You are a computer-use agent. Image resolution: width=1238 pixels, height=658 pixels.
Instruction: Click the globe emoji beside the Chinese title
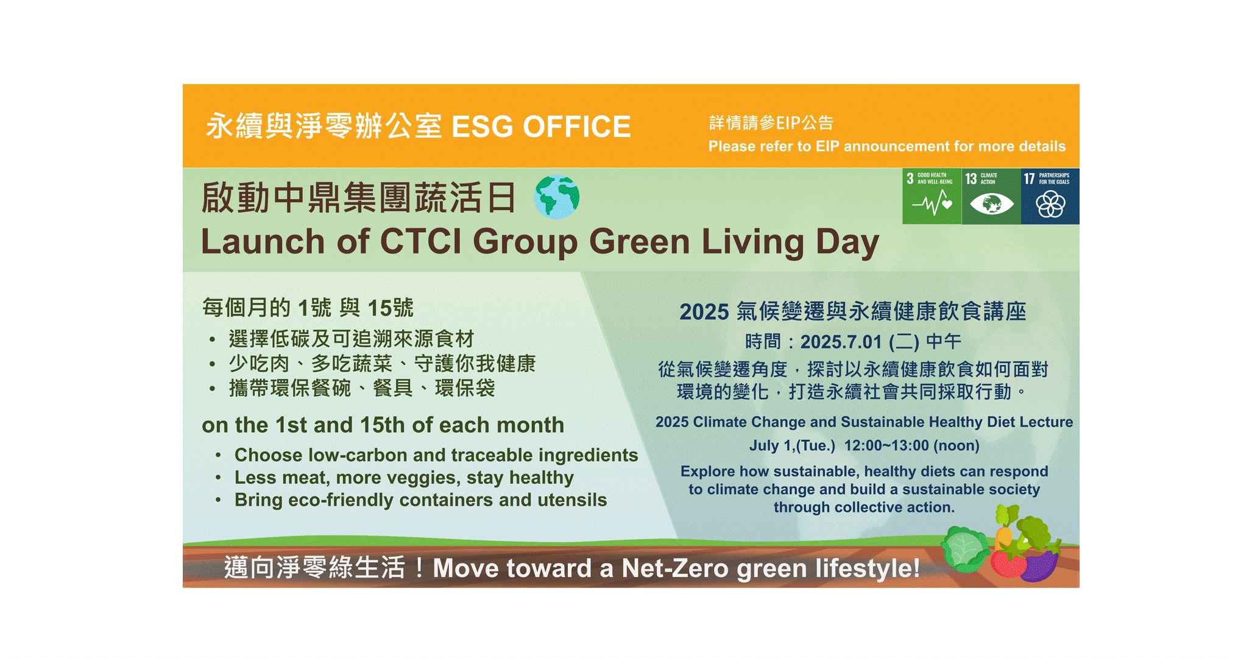557,197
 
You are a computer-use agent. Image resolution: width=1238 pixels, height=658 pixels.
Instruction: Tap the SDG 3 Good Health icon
932,196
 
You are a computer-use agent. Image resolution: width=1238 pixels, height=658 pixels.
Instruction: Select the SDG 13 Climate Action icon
991,196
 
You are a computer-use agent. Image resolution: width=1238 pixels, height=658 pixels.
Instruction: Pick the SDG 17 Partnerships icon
1050,196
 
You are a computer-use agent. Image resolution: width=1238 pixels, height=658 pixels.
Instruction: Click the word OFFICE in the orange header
576,127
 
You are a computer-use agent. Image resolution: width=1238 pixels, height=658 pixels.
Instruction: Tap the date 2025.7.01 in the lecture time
841,342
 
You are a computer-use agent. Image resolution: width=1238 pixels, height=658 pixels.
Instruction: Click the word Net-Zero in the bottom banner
675,568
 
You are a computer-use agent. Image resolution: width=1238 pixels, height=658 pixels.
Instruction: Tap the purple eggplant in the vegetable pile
1041,564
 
